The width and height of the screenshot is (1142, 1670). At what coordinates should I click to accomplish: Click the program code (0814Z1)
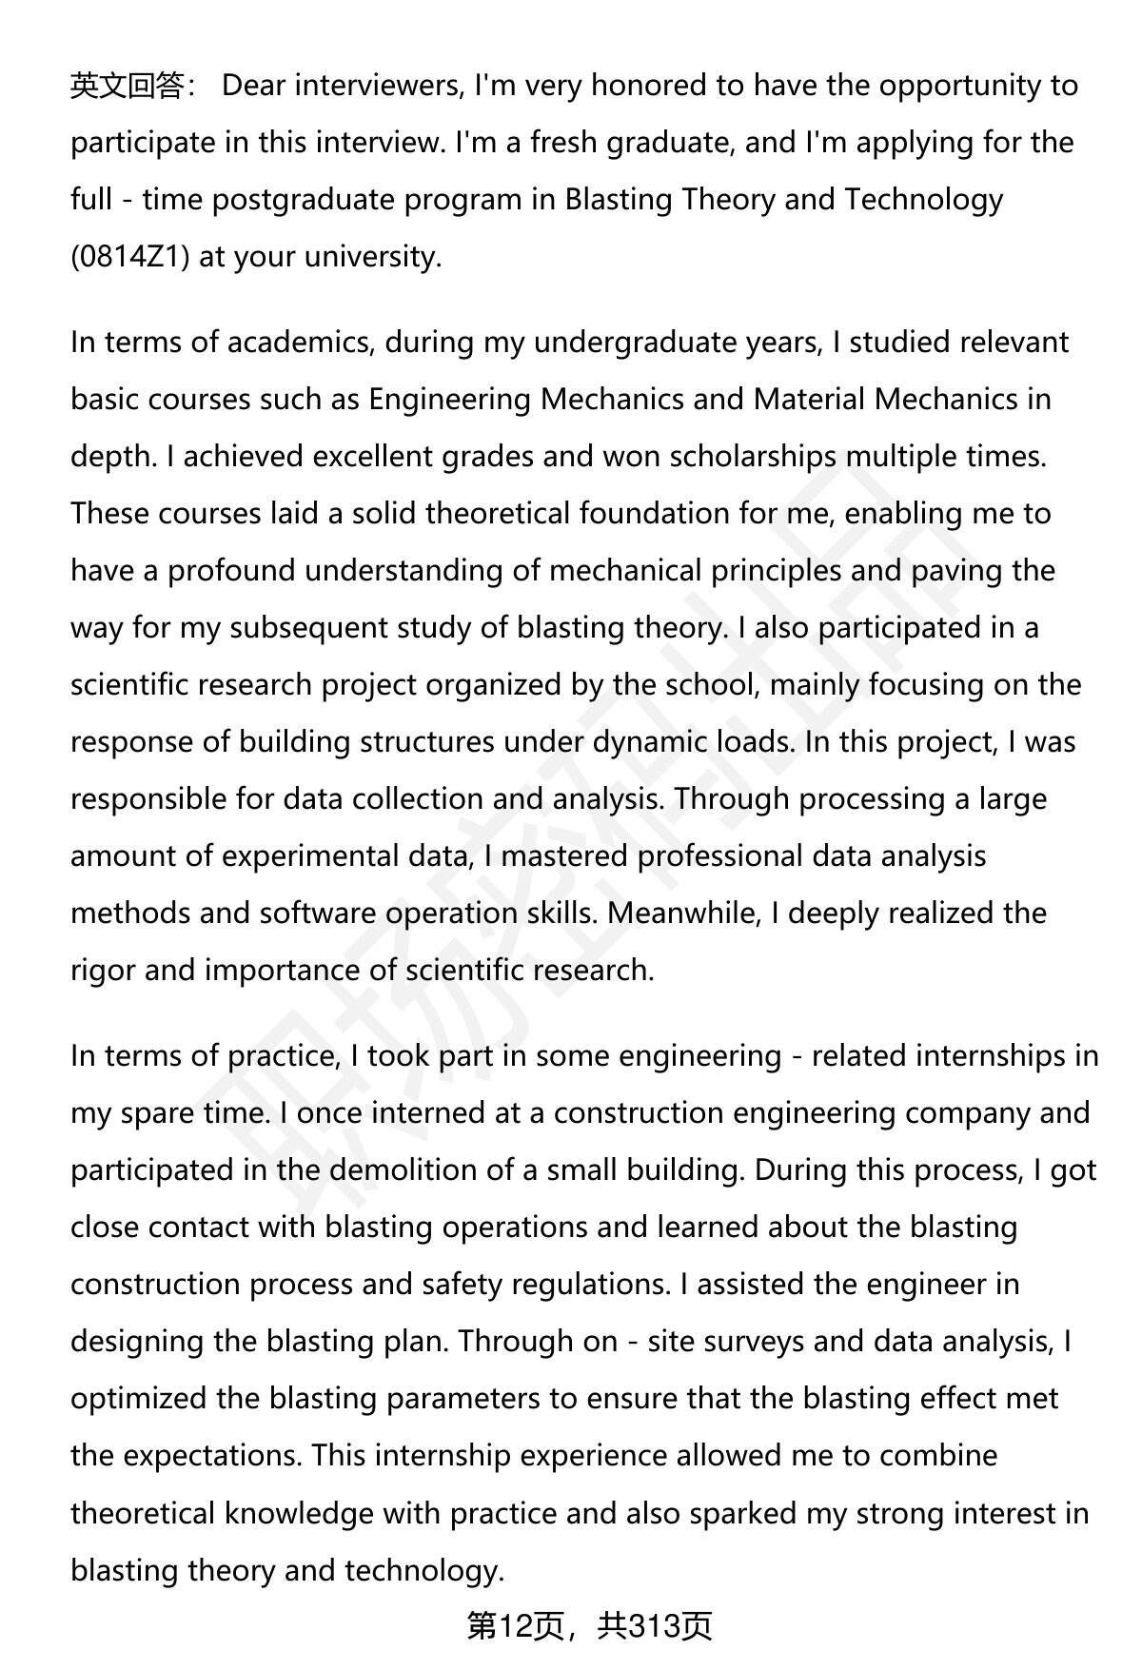(131, 257)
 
